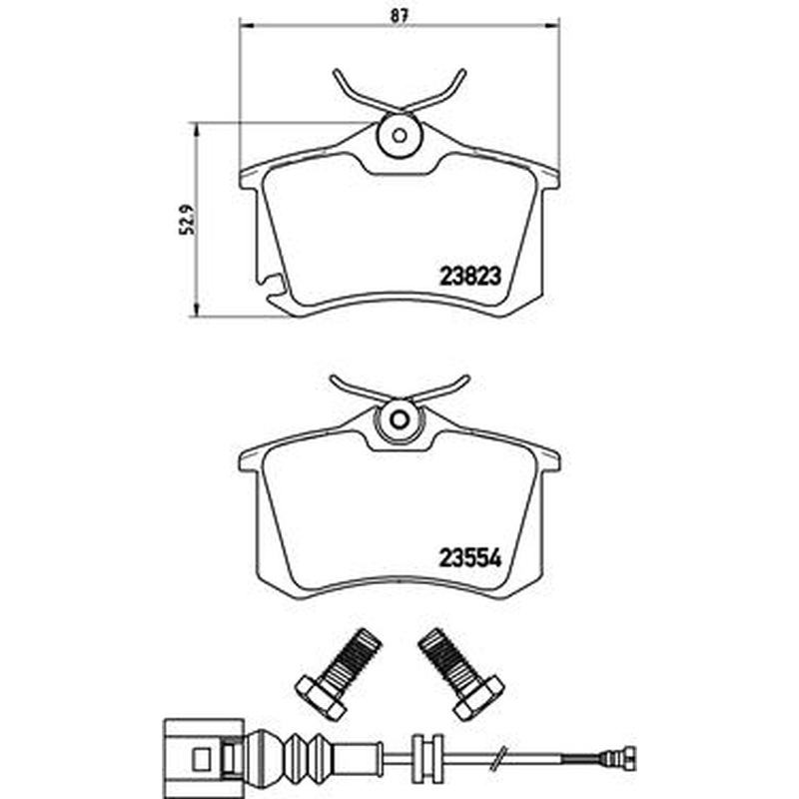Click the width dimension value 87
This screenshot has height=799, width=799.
tap(399, 16)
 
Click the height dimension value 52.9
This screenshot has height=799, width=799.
tap(187, 220)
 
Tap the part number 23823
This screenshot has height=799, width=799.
tap(470, 277)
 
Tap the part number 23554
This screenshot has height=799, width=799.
tap(470, 558)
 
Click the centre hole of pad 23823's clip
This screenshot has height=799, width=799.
tap(399, 136)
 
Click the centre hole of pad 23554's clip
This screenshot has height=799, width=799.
tap(399, 419)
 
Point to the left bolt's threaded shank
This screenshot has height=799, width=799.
tap(353, 656)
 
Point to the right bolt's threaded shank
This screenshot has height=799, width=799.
tap(446, 656)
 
